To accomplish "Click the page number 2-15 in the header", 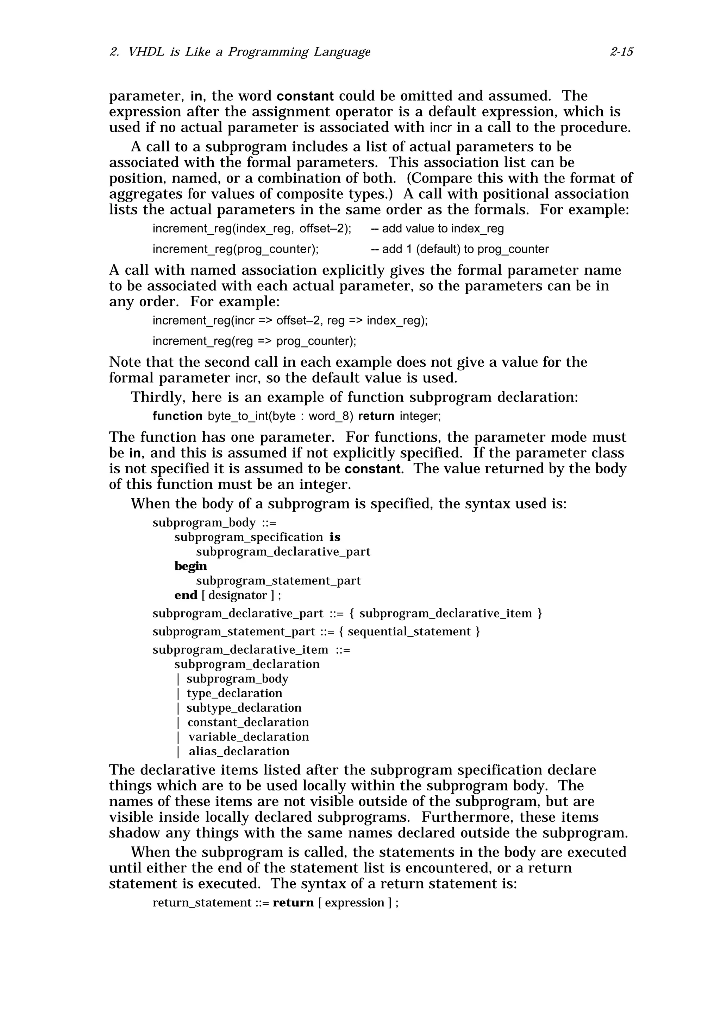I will [x=621, y=52].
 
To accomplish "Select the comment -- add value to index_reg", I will [x=437, y=229].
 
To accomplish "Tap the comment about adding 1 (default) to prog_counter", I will [x=459, y=249].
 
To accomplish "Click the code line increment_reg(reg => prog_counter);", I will [x=254, y=341].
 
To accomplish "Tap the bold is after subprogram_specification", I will [x=334, y=537].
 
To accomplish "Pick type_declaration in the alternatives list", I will [x=234, y=693].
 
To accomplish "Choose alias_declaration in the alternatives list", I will [x=239, y=751].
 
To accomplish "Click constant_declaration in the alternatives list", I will [x=248, y=722].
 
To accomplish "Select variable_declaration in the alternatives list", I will [x=248, y=737].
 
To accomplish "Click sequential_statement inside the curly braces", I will [x=409, y=632].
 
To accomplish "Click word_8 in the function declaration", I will [x=328, y=416].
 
